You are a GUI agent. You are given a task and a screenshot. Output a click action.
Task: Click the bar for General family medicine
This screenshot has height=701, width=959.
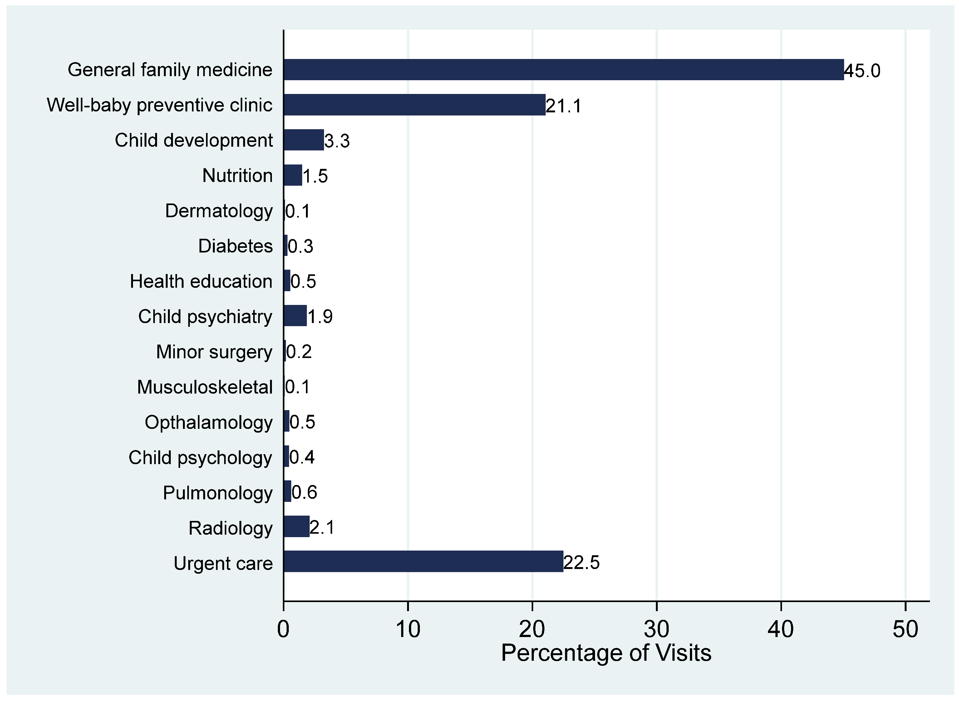[563, 70]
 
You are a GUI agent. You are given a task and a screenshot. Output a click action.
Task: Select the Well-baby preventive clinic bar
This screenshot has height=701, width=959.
[414, 105]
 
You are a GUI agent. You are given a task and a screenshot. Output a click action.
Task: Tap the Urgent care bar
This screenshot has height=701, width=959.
[423, 561]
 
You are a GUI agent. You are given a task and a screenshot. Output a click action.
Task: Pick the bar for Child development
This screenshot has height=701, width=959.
[303, 140]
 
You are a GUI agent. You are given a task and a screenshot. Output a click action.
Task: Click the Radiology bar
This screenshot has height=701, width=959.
[296, 527]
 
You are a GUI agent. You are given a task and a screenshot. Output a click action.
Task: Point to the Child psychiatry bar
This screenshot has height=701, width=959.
[295, 316]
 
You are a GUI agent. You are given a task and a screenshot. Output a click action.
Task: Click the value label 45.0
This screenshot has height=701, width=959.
[862, 71]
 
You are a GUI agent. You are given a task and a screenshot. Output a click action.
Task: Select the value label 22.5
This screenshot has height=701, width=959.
[581, 562]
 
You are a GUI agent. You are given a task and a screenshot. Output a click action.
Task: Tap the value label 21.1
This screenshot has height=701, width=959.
[563, 106]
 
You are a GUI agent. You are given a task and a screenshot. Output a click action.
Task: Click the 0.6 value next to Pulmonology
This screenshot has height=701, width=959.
[304, 492]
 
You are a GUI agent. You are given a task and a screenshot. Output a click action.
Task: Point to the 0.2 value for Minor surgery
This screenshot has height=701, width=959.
[299, 351]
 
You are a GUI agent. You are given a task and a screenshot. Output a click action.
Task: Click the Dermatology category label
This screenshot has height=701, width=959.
[219, 211]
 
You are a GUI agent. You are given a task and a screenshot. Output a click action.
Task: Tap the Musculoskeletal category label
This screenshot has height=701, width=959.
[204, 387]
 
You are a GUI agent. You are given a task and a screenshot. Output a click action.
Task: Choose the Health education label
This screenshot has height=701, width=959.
[201, 281]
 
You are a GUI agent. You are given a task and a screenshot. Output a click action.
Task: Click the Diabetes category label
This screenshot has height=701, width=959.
[235, 246]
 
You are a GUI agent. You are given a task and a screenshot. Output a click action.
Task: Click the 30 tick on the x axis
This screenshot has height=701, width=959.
[657, 629]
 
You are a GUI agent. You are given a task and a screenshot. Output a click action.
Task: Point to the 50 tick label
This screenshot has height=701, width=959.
[905, 629]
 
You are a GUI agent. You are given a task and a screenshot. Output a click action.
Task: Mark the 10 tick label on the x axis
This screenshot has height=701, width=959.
[408, 629]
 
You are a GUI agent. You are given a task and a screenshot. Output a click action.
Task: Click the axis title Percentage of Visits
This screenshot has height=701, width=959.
[606, 653]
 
